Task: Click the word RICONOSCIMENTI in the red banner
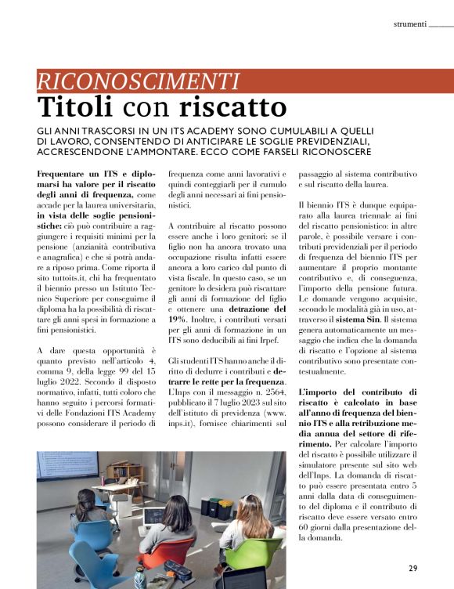point(138,80)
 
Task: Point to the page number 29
point(413,568)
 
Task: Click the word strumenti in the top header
point(409,24)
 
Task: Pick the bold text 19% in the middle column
point(178,320)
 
